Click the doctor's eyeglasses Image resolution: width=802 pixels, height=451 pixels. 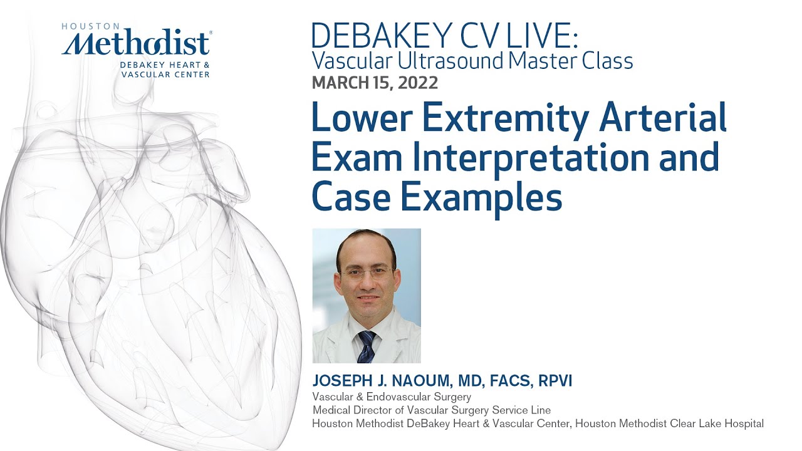point(367,273)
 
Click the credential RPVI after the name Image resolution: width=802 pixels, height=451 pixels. point(551,381)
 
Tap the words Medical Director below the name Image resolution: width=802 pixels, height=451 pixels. point(352,410)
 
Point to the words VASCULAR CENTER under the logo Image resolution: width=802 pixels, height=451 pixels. point(166,74)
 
